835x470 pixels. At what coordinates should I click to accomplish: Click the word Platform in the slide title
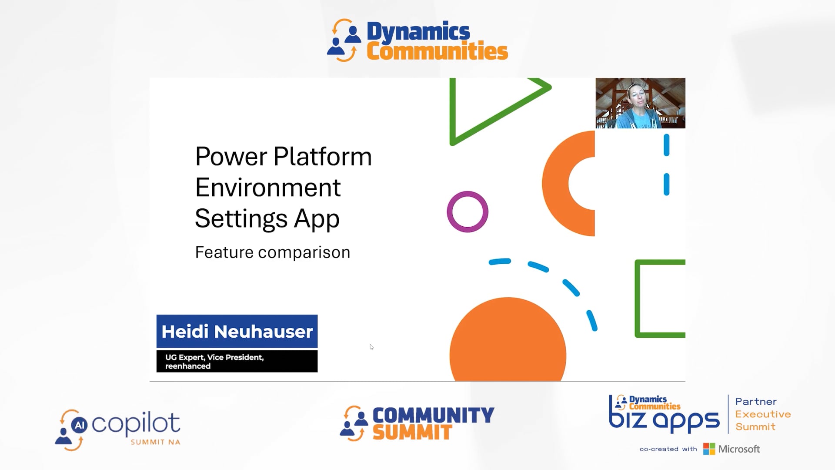pyautogui.click(x=323, y=157)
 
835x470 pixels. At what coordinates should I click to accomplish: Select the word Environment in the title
pyautogui.click(x=267, y=188)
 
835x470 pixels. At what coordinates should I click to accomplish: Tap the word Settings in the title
pyautogui.click(x=241, y=218)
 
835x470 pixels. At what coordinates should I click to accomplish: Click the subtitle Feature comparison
pyautogui.click(x=272, y=252)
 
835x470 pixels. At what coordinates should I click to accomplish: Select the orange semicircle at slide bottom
pyautogui.click(x=508, y=344)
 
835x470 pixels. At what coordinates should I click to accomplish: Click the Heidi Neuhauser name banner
pyautogui.click(x=237, y=332)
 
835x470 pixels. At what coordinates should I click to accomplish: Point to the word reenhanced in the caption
pyautogui.click(x=188, y=366)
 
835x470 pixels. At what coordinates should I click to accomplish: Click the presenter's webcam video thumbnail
pyautogui.click(x=640, y=103)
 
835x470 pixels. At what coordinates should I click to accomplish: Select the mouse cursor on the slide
pyautogui.click(x=371, y=347)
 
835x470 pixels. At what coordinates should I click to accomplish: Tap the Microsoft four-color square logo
pyautogui.click(x=709, y=449)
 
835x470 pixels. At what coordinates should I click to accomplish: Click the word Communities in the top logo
pyautogui.click(x=437, y=52)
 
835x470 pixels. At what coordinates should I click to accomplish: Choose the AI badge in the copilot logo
pyautogui.click(x=79, y=425)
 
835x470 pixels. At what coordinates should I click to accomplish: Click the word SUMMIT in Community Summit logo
pyautogui.click(x=412, y=433)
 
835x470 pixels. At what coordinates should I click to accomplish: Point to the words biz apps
pyautogui.click(x=664, y=420)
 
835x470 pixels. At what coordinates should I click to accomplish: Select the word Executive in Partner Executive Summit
pyautogui.click(x=763, y=414)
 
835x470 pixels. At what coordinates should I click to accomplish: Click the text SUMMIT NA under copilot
pyautogui.click(x=155, y=442)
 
